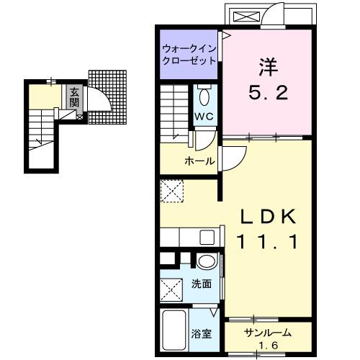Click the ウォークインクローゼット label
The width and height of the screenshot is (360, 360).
[189, 55]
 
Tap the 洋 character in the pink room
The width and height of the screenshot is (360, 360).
[268, 66]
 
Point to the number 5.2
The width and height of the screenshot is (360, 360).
[268, 92]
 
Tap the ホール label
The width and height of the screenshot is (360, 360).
[199, 161]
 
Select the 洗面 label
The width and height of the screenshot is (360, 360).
[202, 284]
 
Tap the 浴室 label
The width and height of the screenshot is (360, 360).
[201, 333]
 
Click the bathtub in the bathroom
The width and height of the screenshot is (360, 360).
[174, 332]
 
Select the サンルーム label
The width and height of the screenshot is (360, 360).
[266, 333]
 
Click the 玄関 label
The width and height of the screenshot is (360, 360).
[74, 96]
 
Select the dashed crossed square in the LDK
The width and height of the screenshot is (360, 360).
[173, 191]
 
